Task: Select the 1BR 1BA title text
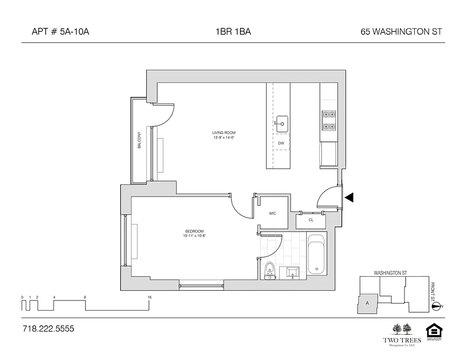coord(233,32)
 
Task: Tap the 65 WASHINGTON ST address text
coord(401,32)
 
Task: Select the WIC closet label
coord(272,213)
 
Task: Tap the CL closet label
coord(311,220)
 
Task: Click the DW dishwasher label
coord(281,143)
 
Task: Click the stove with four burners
coord(328,120)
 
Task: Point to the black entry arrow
coord(349,197)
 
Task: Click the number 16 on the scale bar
coord(149,297)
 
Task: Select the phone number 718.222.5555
coord(48,329)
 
